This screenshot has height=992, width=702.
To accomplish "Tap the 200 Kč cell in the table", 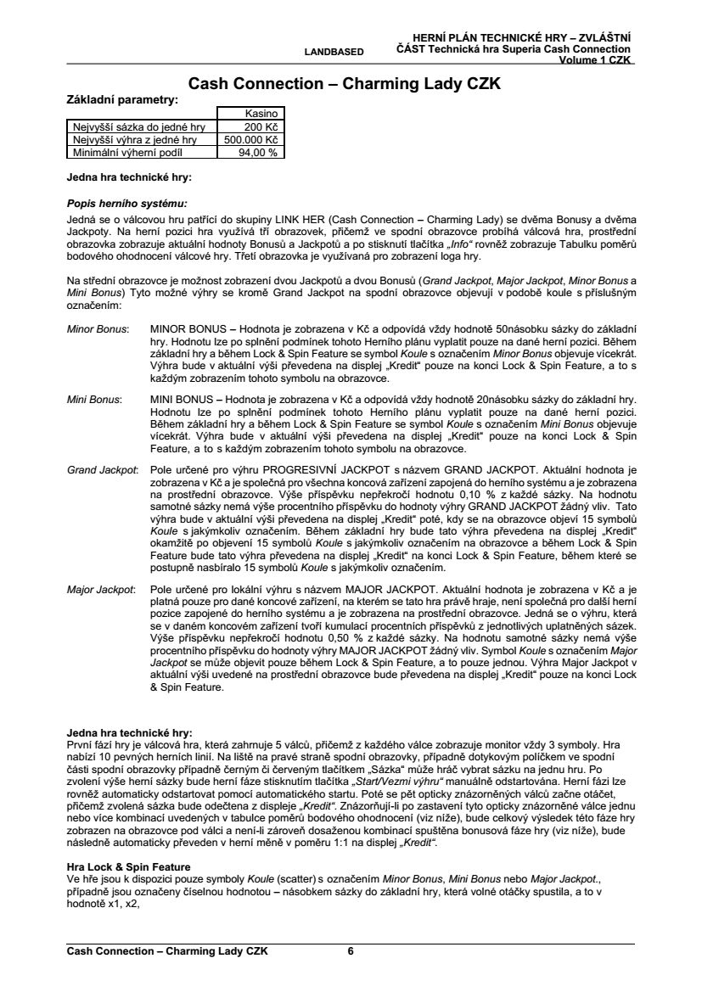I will pos(266,126).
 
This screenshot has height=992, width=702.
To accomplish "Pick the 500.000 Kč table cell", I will pos(251,139).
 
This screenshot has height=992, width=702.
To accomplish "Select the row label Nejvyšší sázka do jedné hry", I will pos(133,126).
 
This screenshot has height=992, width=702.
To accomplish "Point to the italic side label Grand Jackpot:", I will pos(102,468).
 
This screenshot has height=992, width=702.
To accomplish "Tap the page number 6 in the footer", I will pos(351,951).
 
